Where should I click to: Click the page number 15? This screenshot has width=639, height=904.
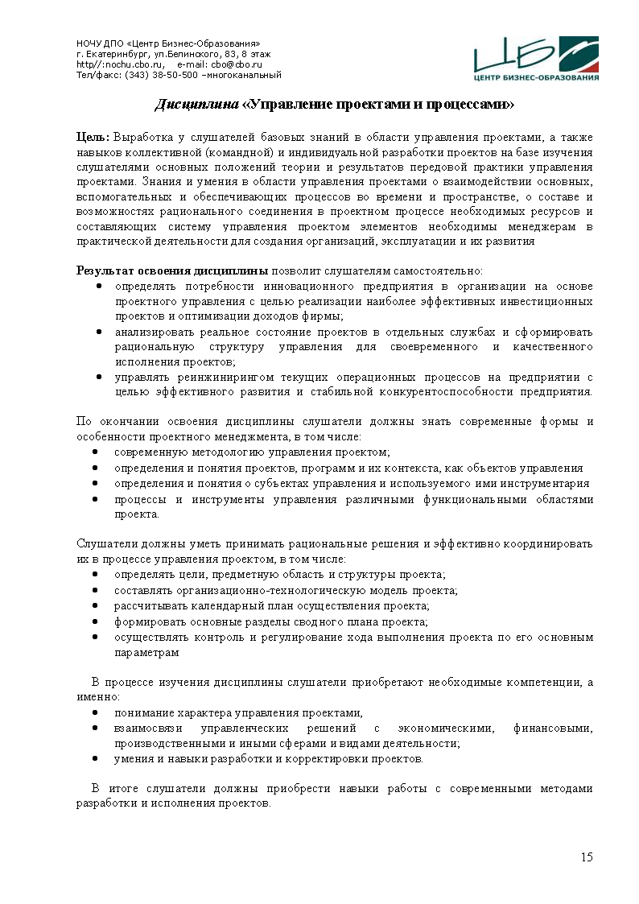point(587,857)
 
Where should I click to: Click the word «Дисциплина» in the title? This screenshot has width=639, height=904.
point(196,105)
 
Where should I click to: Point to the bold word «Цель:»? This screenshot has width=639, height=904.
point(93,138)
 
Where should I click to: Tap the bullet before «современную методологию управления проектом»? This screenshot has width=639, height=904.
point(96,453)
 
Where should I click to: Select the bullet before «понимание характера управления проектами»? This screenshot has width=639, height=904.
point(96,713)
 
